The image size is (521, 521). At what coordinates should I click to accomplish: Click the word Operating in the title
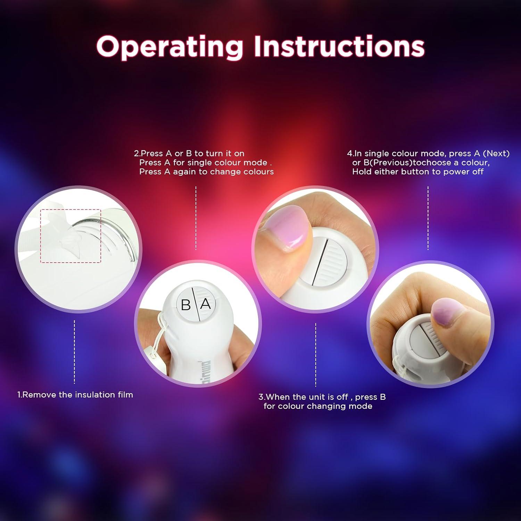click(x=169, y=47)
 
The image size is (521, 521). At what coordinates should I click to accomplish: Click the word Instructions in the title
click(x=339, y=46)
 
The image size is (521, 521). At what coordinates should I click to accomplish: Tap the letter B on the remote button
click(x=186, y=305)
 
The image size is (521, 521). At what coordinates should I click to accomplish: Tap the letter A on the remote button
click(x=206, y=304)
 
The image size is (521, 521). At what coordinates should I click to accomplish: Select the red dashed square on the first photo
click(x=71, y=236)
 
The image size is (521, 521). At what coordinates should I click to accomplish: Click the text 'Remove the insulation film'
click(x=77, y=395)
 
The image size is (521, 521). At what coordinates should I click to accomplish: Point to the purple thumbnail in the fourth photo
click(x=448, y=312)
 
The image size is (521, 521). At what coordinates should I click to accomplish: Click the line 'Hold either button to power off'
click(x=418, y=172)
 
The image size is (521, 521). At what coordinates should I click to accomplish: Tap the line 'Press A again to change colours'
click(x=206, y=172)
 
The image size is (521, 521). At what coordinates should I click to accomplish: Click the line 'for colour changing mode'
click(x=318, y=406)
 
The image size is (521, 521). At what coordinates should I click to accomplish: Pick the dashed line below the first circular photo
click(x=74, y=352)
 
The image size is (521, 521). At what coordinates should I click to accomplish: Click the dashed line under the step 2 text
click(x=196, y=218)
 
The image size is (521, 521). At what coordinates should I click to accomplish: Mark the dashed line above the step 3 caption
click(x=316, y=355)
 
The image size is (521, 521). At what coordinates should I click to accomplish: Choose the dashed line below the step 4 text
click(x=428, y=218)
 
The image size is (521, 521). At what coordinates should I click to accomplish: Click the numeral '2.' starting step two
click(x=137, y=154)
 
